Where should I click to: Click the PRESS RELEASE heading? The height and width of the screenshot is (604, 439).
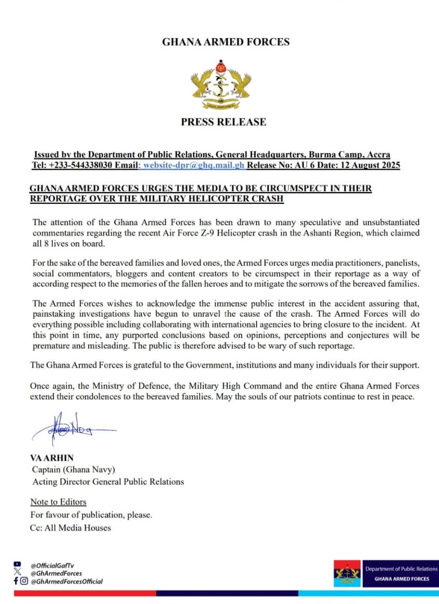(x=224, y=122)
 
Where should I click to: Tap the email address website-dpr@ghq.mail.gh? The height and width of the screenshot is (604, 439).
(x=194, y=166)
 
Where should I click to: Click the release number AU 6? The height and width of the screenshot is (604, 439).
(x=315, y=166)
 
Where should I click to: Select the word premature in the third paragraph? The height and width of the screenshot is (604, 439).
(x=51, y=345)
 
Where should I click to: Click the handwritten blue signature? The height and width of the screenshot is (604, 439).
(x=71, y=429)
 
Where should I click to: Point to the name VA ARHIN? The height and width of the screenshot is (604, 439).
(x=51, y=458)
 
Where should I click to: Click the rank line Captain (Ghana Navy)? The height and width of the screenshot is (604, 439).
(x=74, y=470)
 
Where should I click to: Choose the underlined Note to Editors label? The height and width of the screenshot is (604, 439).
(x=58, y=502)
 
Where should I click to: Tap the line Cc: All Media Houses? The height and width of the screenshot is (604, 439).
(x=71, y=528)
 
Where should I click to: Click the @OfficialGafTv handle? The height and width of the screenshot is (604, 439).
(x=52, y=565)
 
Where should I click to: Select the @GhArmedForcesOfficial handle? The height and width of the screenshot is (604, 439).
(x=66, y=581)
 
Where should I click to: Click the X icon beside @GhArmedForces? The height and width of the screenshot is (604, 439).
(x=18, y=573)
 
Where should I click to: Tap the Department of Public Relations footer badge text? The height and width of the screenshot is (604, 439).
(x=401, y=569)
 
